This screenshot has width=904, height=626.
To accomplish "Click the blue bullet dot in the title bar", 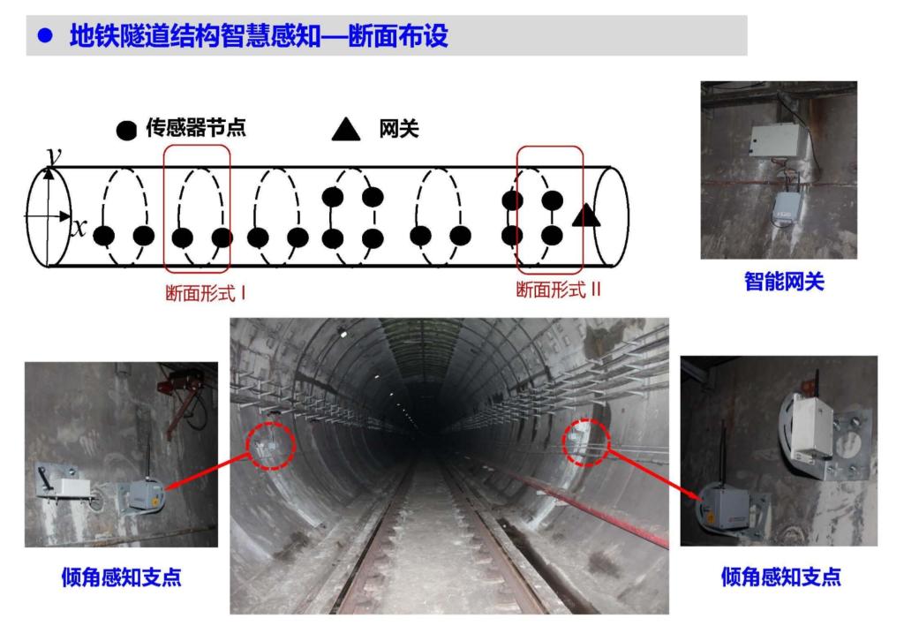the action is tap(45, 35).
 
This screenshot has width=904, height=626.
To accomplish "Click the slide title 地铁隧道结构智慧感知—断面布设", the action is tap(259, 35).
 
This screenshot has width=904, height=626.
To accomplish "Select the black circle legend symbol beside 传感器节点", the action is tap(126, 131).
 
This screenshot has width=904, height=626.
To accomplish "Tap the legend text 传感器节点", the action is tap(196, 127).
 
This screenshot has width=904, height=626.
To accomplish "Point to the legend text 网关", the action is tap(398, 129).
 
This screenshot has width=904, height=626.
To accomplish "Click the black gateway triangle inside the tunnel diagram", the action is tap(586, 215).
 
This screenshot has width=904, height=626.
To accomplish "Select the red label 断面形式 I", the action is tap(206, 293).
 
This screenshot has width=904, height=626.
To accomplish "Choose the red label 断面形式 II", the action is tap(558, 289).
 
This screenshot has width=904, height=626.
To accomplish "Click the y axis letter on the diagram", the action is tap(54, 155).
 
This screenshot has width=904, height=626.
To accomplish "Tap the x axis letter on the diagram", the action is tap(79, 228).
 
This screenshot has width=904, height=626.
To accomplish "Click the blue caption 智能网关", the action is tap(784, 282).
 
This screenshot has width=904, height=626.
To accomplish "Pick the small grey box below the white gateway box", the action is tap(787, 208).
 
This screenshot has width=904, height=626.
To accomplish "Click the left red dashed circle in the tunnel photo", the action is tap(270, 446).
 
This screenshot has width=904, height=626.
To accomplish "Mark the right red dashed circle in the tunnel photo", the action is tap(586, 442).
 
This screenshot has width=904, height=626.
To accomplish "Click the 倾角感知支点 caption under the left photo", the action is tap(121, 577).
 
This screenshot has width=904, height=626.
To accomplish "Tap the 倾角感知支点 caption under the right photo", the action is tap(780, 577).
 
